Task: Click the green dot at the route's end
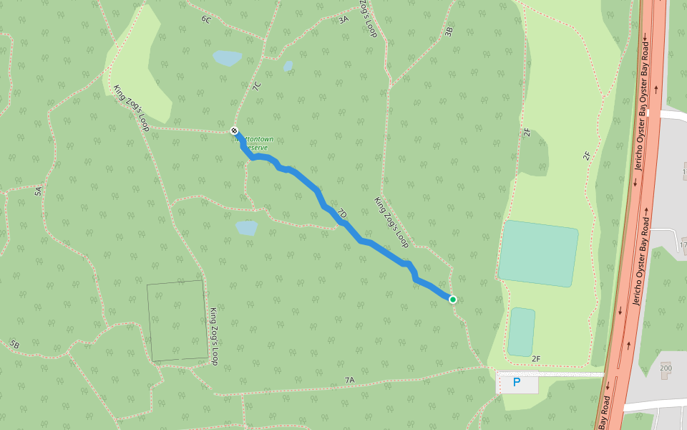453,299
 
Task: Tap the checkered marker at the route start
234,130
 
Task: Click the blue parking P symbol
517,383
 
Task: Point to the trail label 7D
342,214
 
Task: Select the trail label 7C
257,86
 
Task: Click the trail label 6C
206,19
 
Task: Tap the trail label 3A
343,19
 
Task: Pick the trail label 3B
449,31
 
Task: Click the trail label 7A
349,379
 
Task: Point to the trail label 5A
39,191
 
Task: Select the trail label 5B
14,344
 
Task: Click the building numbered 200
666,368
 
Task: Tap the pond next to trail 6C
228,58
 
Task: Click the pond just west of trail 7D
246,228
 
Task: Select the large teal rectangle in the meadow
538,253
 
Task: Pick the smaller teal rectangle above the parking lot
522,331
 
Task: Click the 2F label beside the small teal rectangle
537,358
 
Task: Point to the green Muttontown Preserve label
256,143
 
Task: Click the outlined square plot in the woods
177,320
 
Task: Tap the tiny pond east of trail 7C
288,67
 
